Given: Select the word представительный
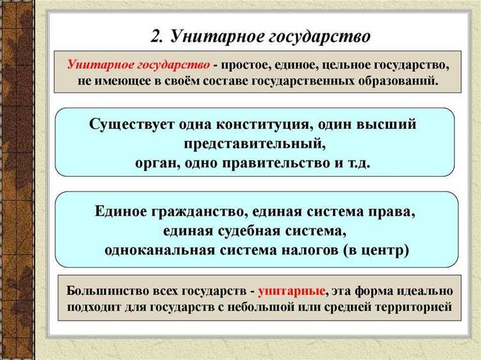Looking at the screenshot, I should (255, 143).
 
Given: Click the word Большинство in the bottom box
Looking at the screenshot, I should (103, 291).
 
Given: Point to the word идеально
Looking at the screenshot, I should (421, 291).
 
